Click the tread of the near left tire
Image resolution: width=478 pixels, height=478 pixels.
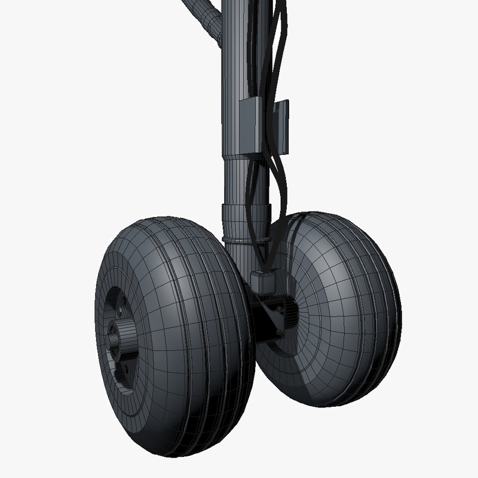click(x=197, y=335)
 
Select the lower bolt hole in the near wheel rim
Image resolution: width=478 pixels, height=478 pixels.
click(x=125, y=370)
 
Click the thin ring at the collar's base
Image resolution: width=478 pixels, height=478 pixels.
click(x=245, y=238)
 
